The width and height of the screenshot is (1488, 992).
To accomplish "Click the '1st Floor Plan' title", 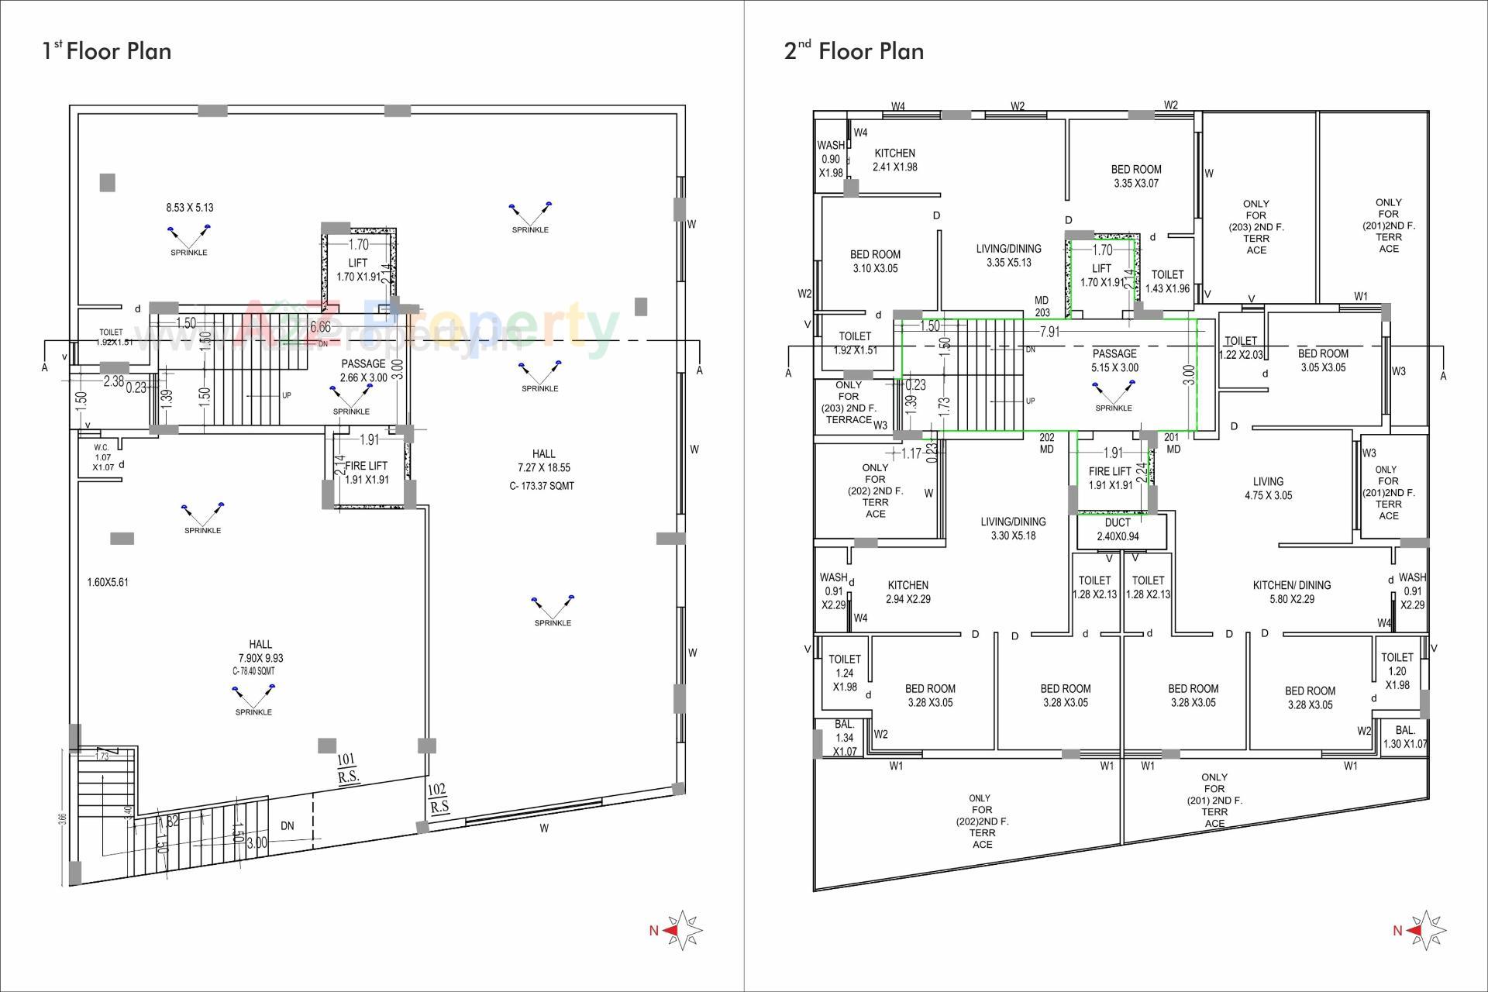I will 107,51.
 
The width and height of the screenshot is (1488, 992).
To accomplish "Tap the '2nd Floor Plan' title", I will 854,51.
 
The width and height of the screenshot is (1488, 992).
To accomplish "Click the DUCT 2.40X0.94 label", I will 1118,529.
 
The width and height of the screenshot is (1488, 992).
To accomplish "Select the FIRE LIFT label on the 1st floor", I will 367,473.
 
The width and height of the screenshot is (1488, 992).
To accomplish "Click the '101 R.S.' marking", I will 346,768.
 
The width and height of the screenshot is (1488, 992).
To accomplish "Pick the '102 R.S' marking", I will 439,798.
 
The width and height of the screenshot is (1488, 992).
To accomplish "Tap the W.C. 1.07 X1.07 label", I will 103,457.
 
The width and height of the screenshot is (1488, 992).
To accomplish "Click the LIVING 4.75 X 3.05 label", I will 1268,488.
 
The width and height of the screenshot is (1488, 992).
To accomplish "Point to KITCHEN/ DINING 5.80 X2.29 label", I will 1291,592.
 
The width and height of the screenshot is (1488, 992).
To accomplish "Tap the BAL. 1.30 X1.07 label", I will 1405,737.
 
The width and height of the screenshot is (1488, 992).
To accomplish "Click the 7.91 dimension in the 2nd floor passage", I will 1049,332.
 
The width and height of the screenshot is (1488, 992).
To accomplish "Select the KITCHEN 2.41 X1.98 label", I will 894,160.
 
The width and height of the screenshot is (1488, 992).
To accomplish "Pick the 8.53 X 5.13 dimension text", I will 189,208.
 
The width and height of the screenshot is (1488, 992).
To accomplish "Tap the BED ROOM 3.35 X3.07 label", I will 1135,176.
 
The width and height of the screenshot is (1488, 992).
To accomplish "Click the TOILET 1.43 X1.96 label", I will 1167,281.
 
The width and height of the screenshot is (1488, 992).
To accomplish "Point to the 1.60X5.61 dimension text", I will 108,582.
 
